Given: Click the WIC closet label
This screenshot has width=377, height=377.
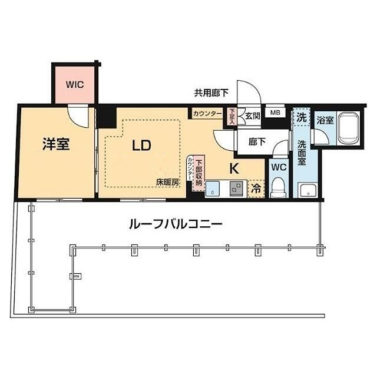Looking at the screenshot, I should click(74, 84).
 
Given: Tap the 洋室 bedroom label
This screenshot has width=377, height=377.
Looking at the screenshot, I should click(57, 144).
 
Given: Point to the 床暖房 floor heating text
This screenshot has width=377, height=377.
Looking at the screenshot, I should click(167, 183).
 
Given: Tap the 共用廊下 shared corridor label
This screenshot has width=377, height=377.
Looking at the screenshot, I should click(213, 92).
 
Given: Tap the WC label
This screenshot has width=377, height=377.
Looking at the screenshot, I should click(279, 167).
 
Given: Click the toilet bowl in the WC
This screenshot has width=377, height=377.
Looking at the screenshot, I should click(279, 188).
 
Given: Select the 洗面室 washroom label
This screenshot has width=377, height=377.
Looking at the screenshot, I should click(302, 155).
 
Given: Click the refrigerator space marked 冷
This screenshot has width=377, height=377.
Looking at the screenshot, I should click(257, 189).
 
